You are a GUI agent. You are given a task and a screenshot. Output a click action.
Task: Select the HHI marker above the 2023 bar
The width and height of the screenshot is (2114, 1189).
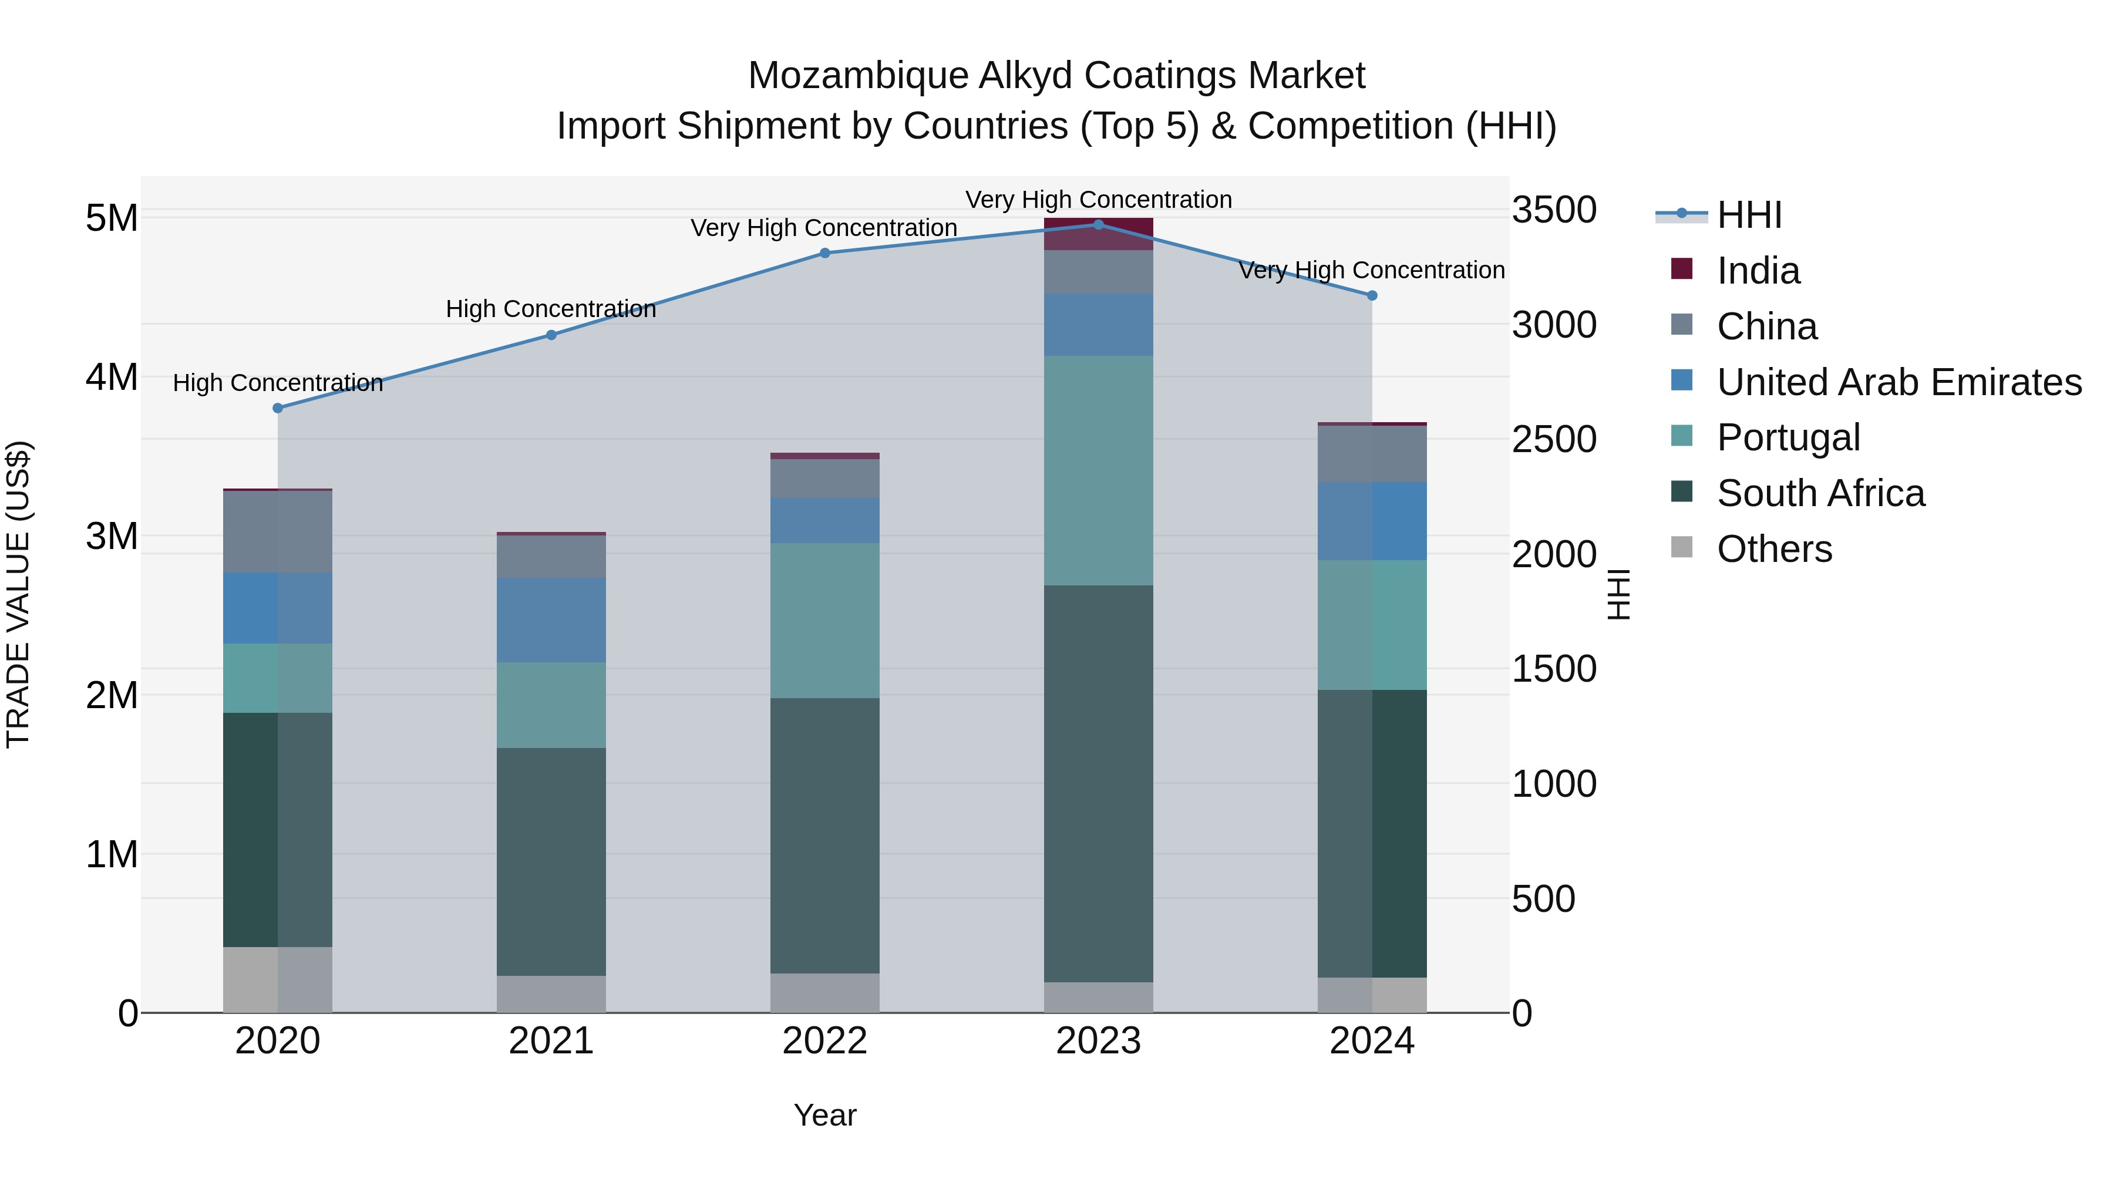[x=1099, y=224]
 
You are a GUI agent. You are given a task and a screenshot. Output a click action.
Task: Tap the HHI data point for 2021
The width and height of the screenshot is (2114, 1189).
[x=551, y=335]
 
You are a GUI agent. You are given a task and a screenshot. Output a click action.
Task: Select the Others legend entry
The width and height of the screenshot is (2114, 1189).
[x=1774, y=549]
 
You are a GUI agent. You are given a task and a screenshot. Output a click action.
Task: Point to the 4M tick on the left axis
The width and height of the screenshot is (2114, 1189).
[x=112, y=378]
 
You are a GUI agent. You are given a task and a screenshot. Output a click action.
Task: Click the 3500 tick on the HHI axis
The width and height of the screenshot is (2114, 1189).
[x=1553, y=210]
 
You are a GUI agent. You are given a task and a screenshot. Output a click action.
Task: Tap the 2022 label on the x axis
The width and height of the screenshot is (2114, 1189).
[x=825, y=1041]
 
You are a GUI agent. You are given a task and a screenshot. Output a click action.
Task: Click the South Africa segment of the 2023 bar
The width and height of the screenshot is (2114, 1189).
[x=1099, y=784]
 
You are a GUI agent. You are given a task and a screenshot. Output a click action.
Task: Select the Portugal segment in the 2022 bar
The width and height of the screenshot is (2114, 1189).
[x=825, y=621]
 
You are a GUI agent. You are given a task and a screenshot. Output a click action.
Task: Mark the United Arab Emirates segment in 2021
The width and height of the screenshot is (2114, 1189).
[x=551, y=619]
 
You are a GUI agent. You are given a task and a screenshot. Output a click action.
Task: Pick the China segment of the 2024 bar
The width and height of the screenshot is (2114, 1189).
[x=1372, y=454]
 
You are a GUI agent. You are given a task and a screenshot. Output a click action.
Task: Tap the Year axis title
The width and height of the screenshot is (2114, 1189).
[x=825, y=1115]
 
